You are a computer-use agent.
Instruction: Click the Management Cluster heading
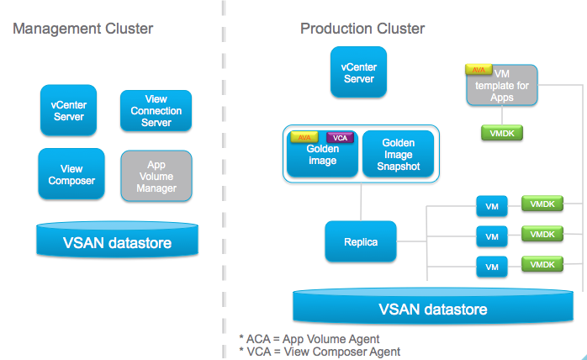[82, 29]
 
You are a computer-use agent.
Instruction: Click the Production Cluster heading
[362, 29]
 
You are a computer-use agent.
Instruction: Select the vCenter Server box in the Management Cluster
[69, 110]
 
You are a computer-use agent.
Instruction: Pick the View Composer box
[71, 174]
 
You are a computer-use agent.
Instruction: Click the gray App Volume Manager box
[156, 177]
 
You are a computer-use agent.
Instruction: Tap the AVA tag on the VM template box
[477, 71]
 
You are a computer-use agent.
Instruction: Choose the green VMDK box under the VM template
[496, 132]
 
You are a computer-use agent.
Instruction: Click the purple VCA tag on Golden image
[340, 137]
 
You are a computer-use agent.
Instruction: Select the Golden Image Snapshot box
[398, 155]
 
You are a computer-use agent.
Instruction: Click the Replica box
[360, 241]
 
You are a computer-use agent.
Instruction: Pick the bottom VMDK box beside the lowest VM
[542, 264]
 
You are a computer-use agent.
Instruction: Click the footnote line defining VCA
[320, 352]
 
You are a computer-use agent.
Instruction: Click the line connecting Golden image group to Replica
[360, 202]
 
